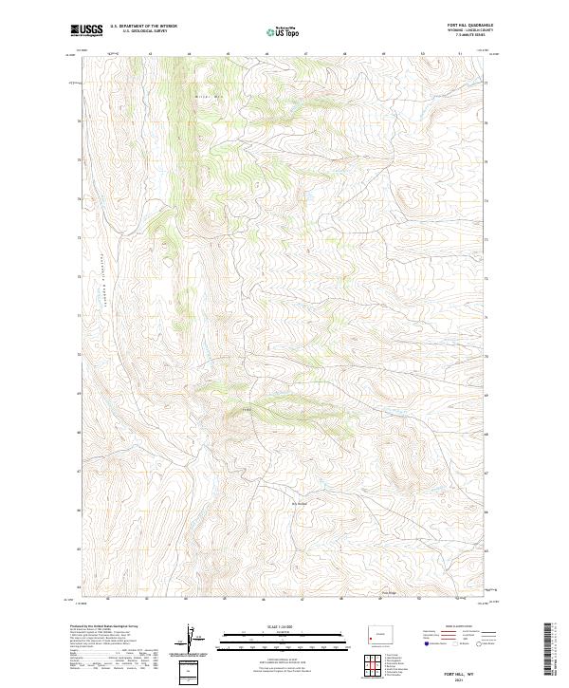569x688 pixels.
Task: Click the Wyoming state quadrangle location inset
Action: [376, 634]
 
